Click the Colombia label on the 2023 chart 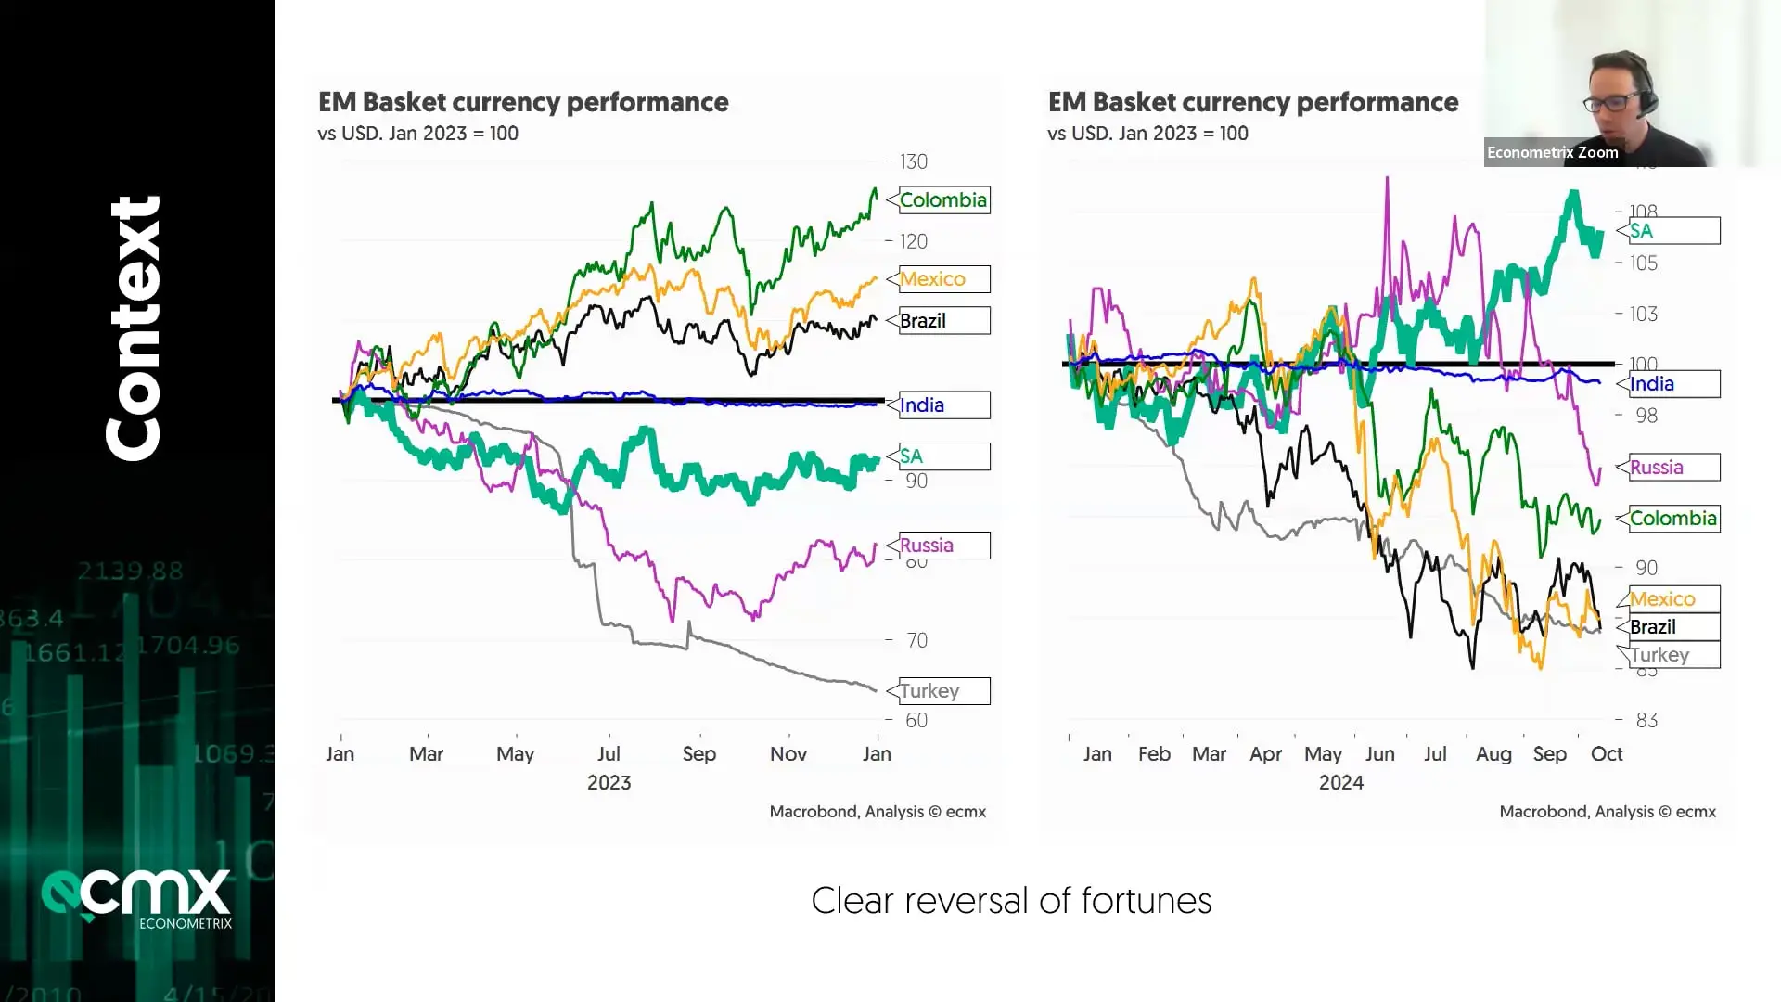(x=942, y=200)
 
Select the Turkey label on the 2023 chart (x=929, y=691)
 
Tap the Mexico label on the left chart (x=932, y=279)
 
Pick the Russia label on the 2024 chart (x=1656, y=468)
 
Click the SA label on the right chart (x=1641, y=231)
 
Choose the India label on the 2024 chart (x=1652, y=384)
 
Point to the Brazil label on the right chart (x=1653, y=627)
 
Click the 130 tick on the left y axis (x=913, y=162)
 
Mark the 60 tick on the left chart (x=916, y=721)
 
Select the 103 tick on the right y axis (x=1643, y=315)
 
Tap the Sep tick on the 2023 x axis (x=699, y=754)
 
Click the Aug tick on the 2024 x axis (x=1493, y=754)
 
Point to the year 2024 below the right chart (x=1341, y=783)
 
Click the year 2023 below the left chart (x=609, y=783)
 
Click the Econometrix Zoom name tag (x=1552, y=153)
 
